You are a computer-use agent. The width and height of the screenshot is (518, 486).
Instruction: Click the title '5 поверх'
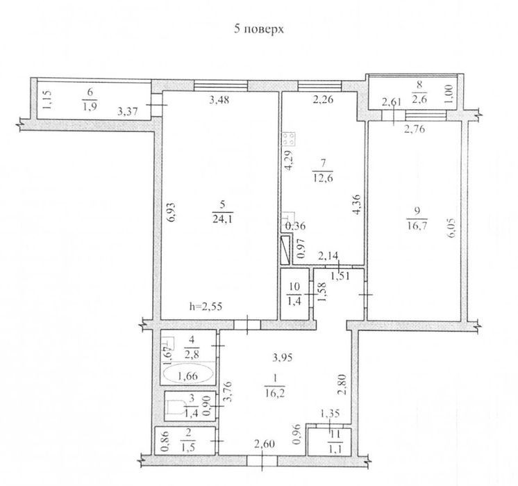[x=259, y=29]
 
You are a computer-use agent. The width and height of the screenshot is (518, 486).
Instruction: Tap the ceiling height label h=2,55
[x=206, y=307]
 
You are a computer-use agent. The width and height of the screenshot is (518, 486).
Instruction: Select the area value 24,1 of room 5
[x=222, y=219]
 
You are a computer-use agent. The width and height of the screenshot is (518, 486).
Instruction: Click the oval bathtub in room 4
[x=188, y=375]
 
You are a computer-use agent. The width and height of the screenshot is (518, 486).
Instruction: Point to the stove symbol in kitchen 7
[x=288, y=138]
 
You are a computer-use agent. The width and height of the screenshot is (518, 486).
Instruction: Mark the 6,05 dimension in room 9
[x=452, y=227]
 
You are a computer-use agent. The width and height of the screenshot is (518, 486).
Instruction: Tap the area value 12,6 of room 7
[x=323, y=178]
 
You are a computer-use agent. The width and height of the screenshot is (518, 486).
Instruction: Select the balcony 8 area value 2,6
[x=419, y=99]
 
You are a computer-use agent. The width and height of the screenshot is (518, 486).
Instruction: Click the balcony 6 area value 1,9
[x=90, y=106]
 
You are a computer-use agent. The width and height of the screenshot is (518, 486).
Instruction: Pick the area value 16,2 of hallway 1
[x=275, y=393]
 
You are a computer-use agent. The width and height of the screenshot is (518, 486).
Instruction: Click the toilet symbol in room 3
[x=176, y=407]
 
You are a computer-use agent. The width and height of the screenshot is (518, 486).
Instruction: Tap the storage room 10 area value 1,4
[x=294, y=301]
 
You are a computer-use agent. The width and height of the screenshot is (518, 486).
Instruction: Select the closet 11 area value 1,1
[x=335, y=448]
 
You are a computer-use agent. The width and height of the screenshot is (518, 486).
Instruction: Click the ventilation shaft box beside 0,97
[x=285, y=250]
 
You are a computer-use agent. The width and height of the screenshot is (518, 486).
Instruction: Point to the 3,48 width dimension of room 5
[x=219, y=99]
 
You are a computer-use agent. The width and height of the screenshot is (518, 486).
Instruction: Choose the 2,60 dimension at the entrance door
[x=264, y=444]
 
